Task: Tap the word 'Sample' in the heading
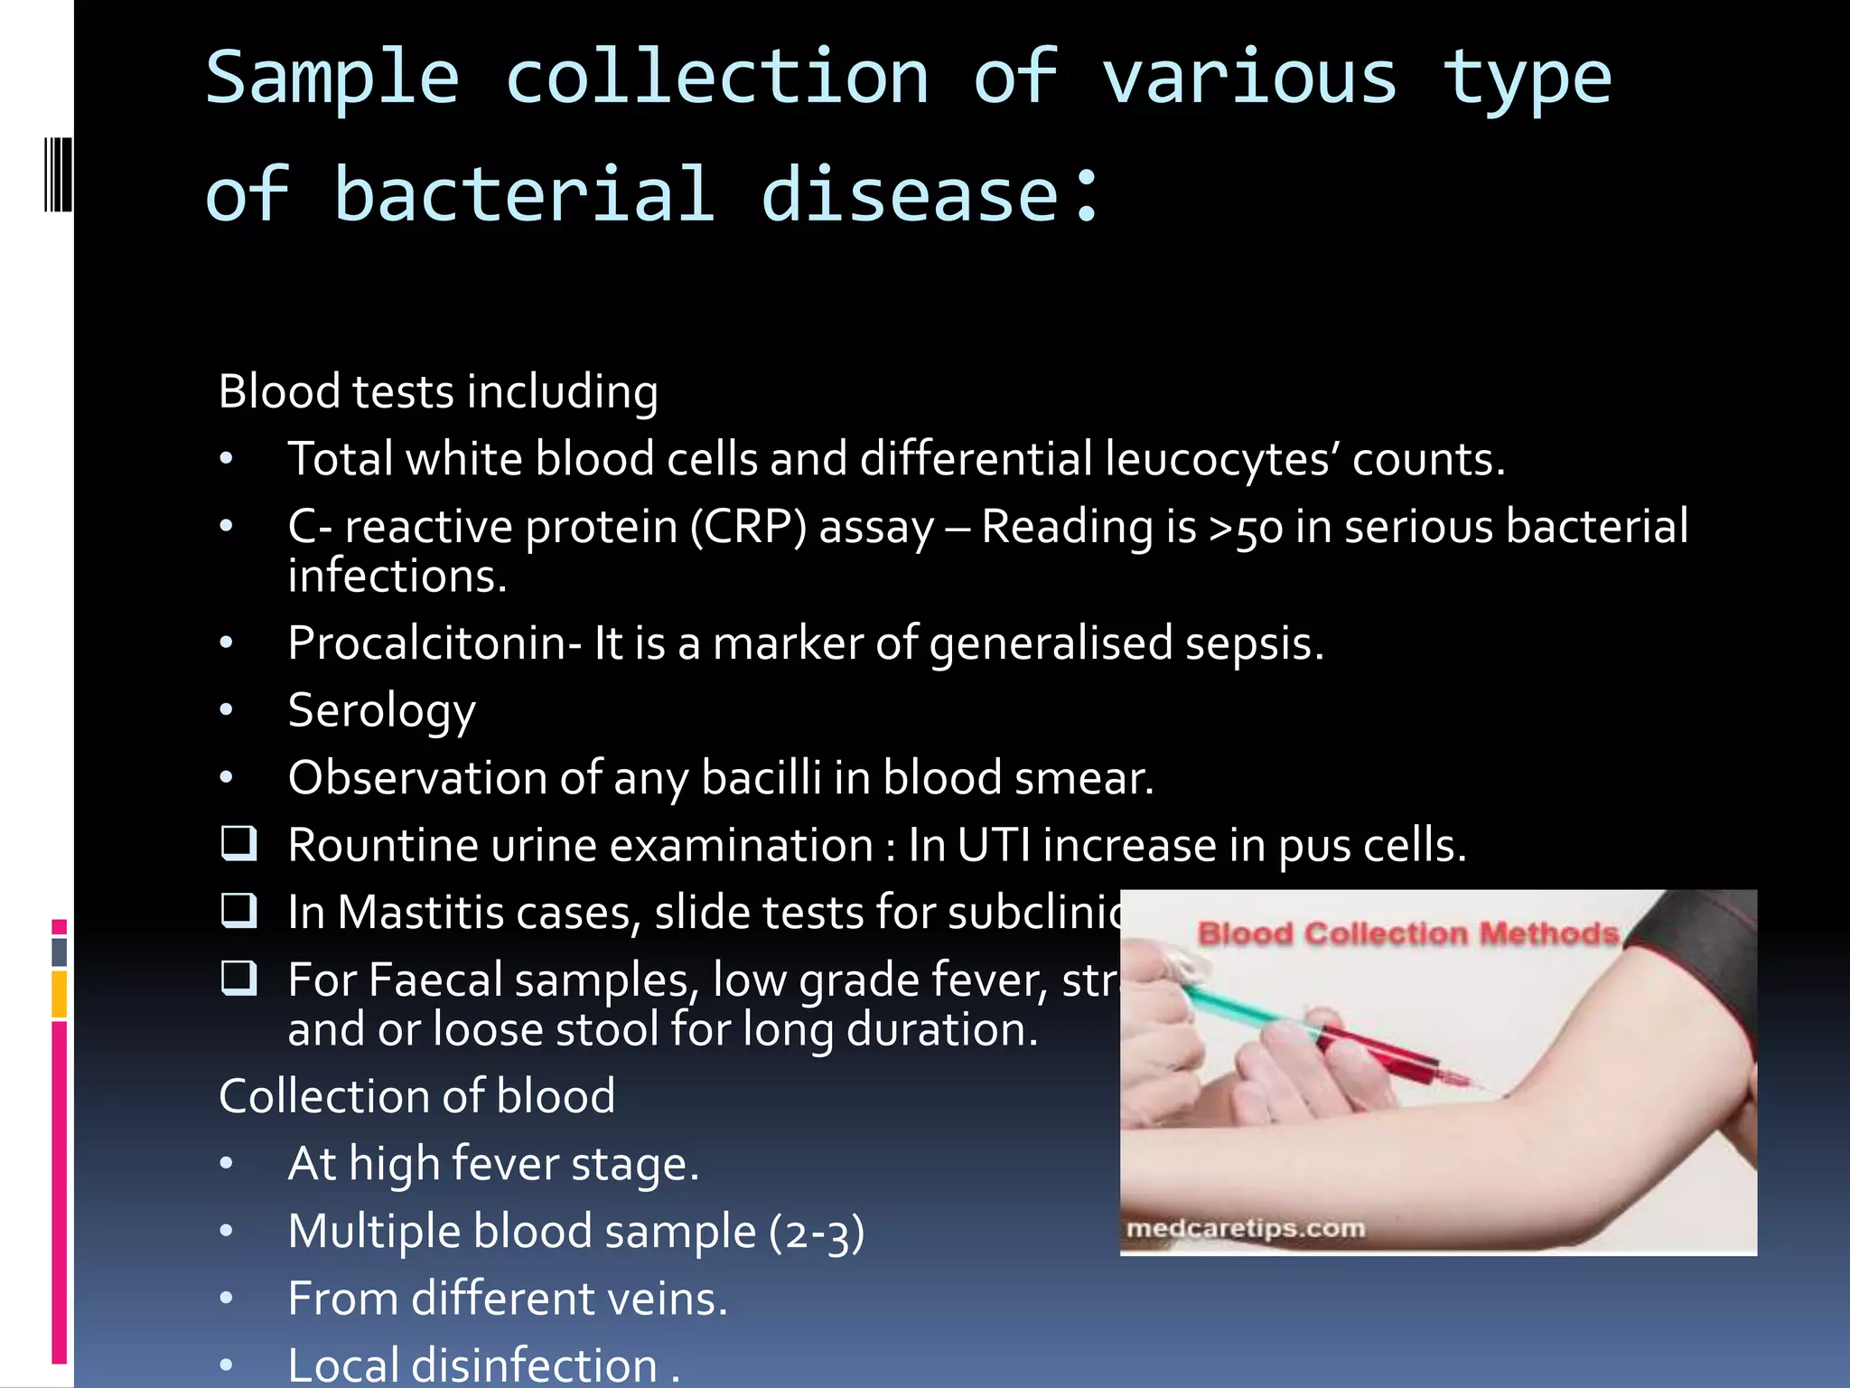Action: (332, 78)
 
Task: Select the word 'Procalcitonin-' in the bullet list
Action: (434, 643)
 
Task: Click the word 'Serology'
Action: (381, 710)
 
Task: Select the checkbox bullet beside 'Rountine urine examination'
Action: (239, 843)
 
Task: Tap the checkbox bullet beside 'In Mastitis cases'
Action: (239, 911)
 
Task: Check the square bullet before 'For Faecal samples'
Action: (239, 978)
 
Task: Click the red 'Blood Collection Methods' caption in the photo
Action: (1407, 933)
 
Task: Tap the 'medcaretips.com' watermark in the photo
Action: (1246, 1229)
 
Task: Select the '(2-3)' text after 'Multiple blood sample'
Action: (817, 1233)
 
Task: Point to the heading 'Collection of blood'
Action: (416, 1096)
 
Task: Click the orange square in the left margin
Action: (60, 994)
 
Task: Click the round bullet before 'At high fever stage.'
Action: (226, 1164)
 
